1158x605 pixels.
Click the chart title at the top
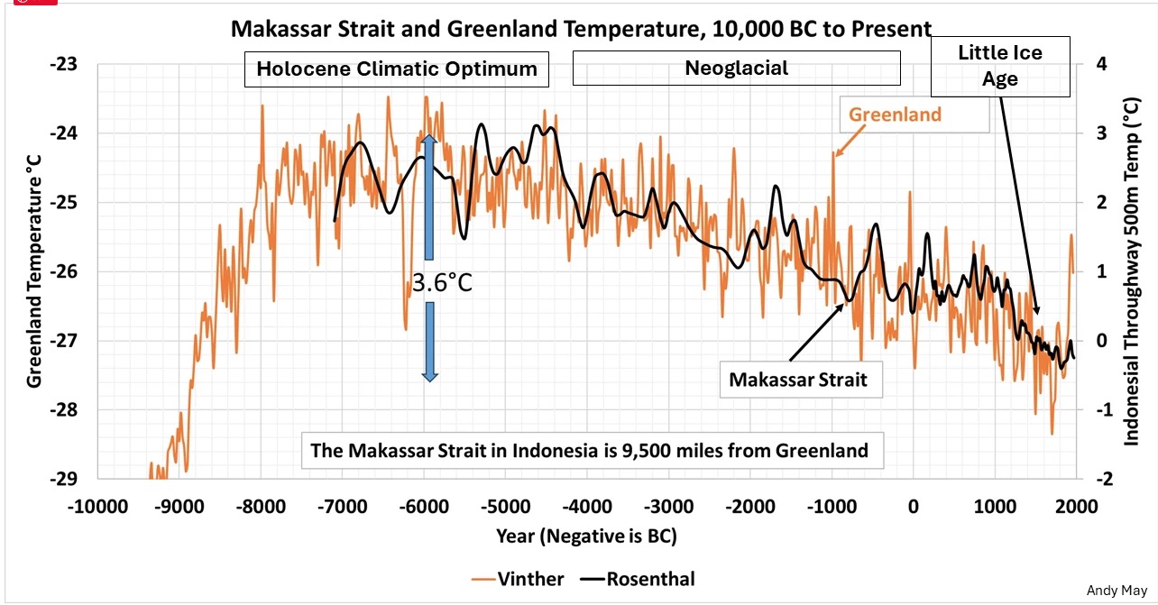coord(581,29)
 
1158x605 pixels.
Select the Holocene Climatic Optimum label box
coord(397,69)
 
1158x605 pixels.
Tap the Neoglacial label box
coord(736,69)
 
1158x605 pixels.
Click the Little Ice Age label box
coord(1000,67)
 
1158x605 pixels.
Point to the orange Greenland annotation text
coord(895,115)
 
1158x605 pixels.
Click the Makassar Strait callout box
coord(798,380)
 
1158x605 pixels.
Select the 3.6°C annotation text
coord(442,284)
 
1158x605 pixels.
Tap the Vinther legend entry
coord(521,578)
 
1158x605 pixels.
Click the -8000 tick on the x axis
coord(261,506)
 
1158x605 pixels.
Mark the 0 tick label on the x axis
coord(914,506)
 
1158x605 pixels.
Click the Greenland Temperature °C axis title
coord(34,270)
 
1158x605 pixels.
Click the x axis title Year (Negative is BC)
coord(586,536)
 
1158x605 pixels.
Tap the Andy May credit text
coord(1117,591)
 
